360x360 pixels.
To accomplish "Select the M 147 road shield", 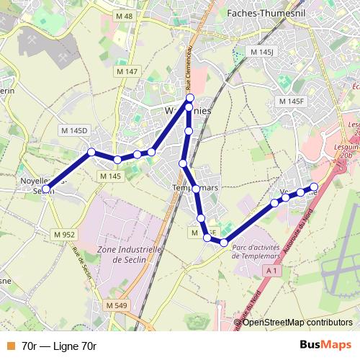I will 127,71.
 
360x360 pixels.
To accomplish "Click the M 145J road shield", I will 262,53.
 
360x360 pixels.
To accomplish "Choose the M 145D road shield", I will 73,130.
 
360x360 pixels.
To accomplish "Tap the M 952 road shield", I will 64,234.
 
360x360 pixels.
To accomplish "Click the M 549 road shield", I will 116,305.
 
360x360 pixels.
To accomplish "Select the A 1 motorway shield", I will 271,270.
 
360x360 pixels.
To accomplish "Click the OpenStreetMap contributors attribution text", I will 297,323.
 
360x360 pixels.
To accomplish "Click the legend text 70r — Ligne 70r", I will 59,346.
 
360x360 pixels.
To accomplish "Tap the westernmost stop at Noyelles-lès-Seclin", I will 46,189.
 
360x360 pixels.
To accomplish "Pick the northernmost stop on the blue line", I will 190,98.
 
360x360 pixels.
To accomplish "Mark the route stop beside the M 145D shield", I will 91,152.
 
